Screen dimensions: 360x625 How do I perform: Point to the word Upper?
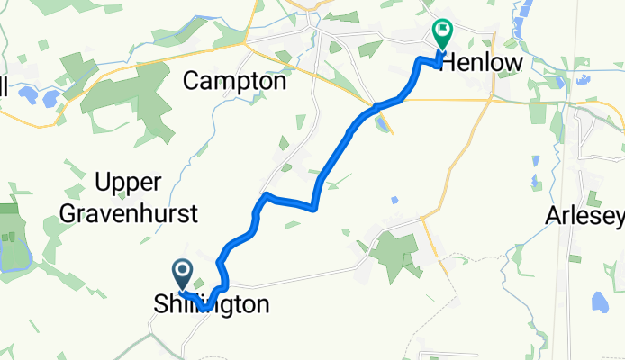127,183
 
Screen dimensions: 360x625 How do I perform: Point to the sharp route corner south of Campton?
266,193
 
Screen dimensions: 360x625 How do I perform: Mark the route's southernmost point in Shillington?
206,309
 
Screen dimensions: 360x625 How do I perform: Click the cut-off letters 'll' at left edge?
4,87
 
